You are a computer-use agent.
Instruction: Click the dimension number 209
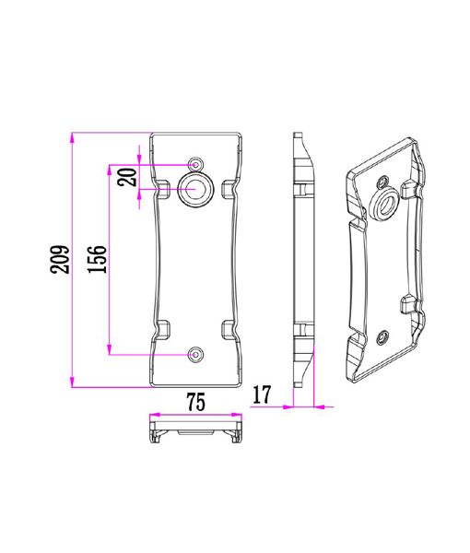tap(58, 261)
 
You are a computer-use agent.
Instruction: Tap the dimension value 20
tap(128, 176)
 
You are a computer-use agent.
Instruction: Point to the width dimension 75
tap(195, 402)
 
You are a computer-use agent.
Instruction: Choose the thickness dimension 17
tap(261, 395)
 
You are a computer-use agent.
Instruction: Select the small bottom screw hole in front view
tap(195, 353)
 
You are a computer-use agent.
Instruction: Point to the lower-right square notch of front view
tap(227, 328)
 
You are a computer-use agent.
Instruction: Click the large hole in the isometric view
tap(385, 204)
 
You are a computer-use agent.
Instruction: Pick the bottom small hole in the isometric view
tap(381, 338)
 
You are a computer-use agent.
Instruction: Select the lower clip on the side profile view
tap(300, 329)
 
